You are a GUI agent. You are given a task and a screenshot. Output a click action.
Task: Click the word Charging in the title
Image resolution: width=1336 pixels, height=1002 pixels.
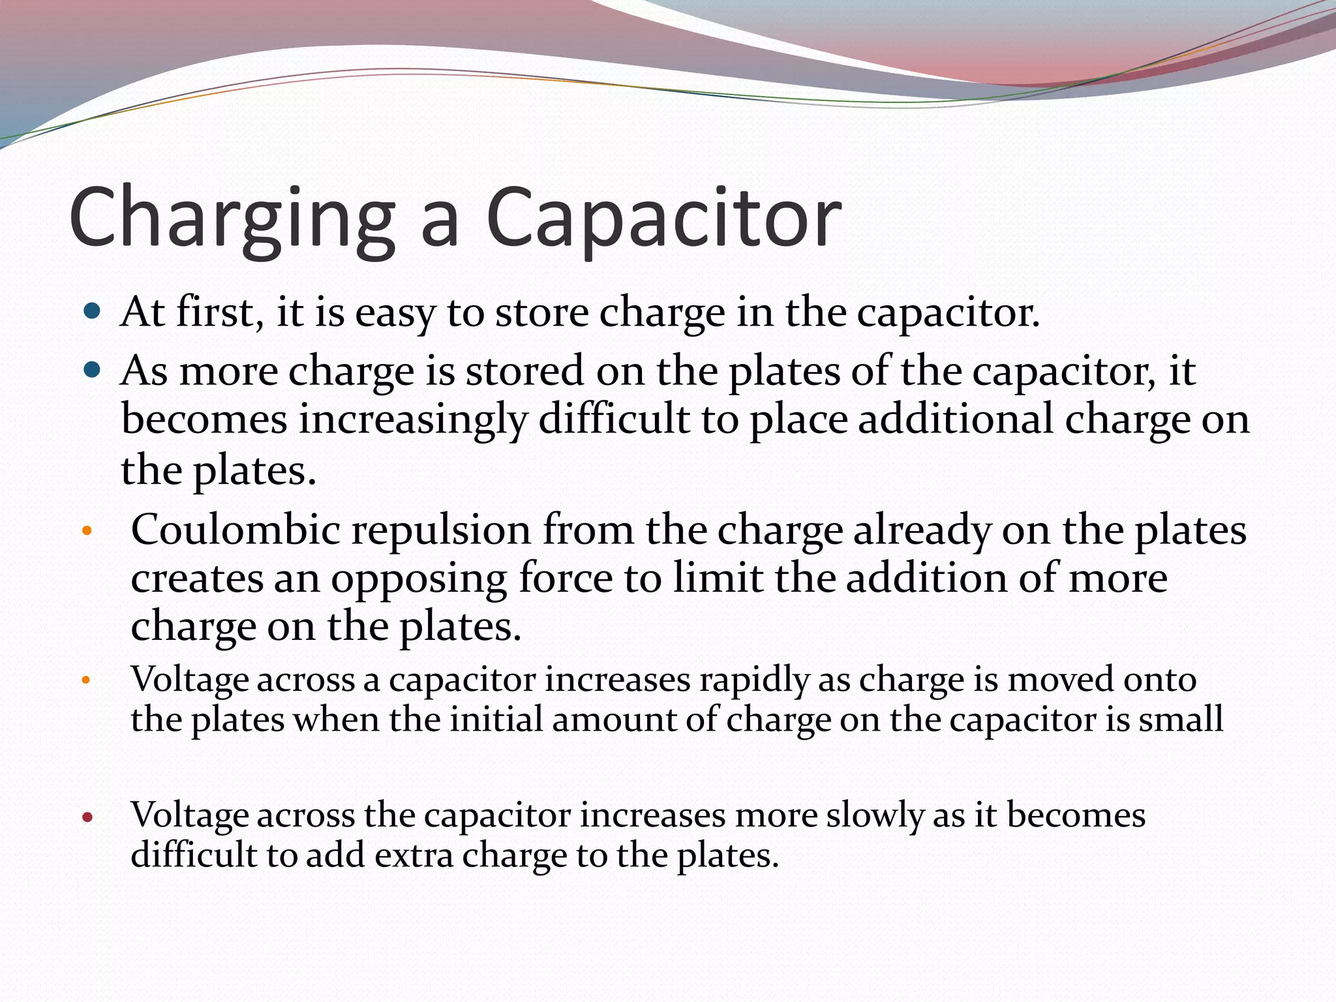[x=232, y=219]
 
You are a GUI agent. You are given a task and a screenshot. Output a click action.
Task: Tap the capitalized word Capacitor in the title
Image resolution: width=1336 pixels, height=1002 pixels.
[x=663, y=219]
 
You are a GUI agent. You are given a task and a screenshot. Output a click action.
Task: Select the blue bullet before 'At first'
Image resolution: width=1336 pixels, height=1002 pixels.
[x=93, y=311]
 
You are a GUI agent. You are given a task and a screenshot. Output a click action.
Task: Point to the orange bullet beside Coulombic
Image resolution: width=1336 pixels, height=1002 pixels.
[x=87, y=531]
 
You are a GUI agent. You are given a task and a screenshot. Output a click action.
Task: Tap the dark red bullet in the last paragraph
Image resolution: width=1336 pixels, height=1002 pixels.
[x=87, y=817]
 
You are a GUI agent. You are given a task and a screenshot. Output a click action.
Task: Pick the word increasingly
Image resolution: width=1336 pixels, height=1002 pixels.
[x=412, y=419]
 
